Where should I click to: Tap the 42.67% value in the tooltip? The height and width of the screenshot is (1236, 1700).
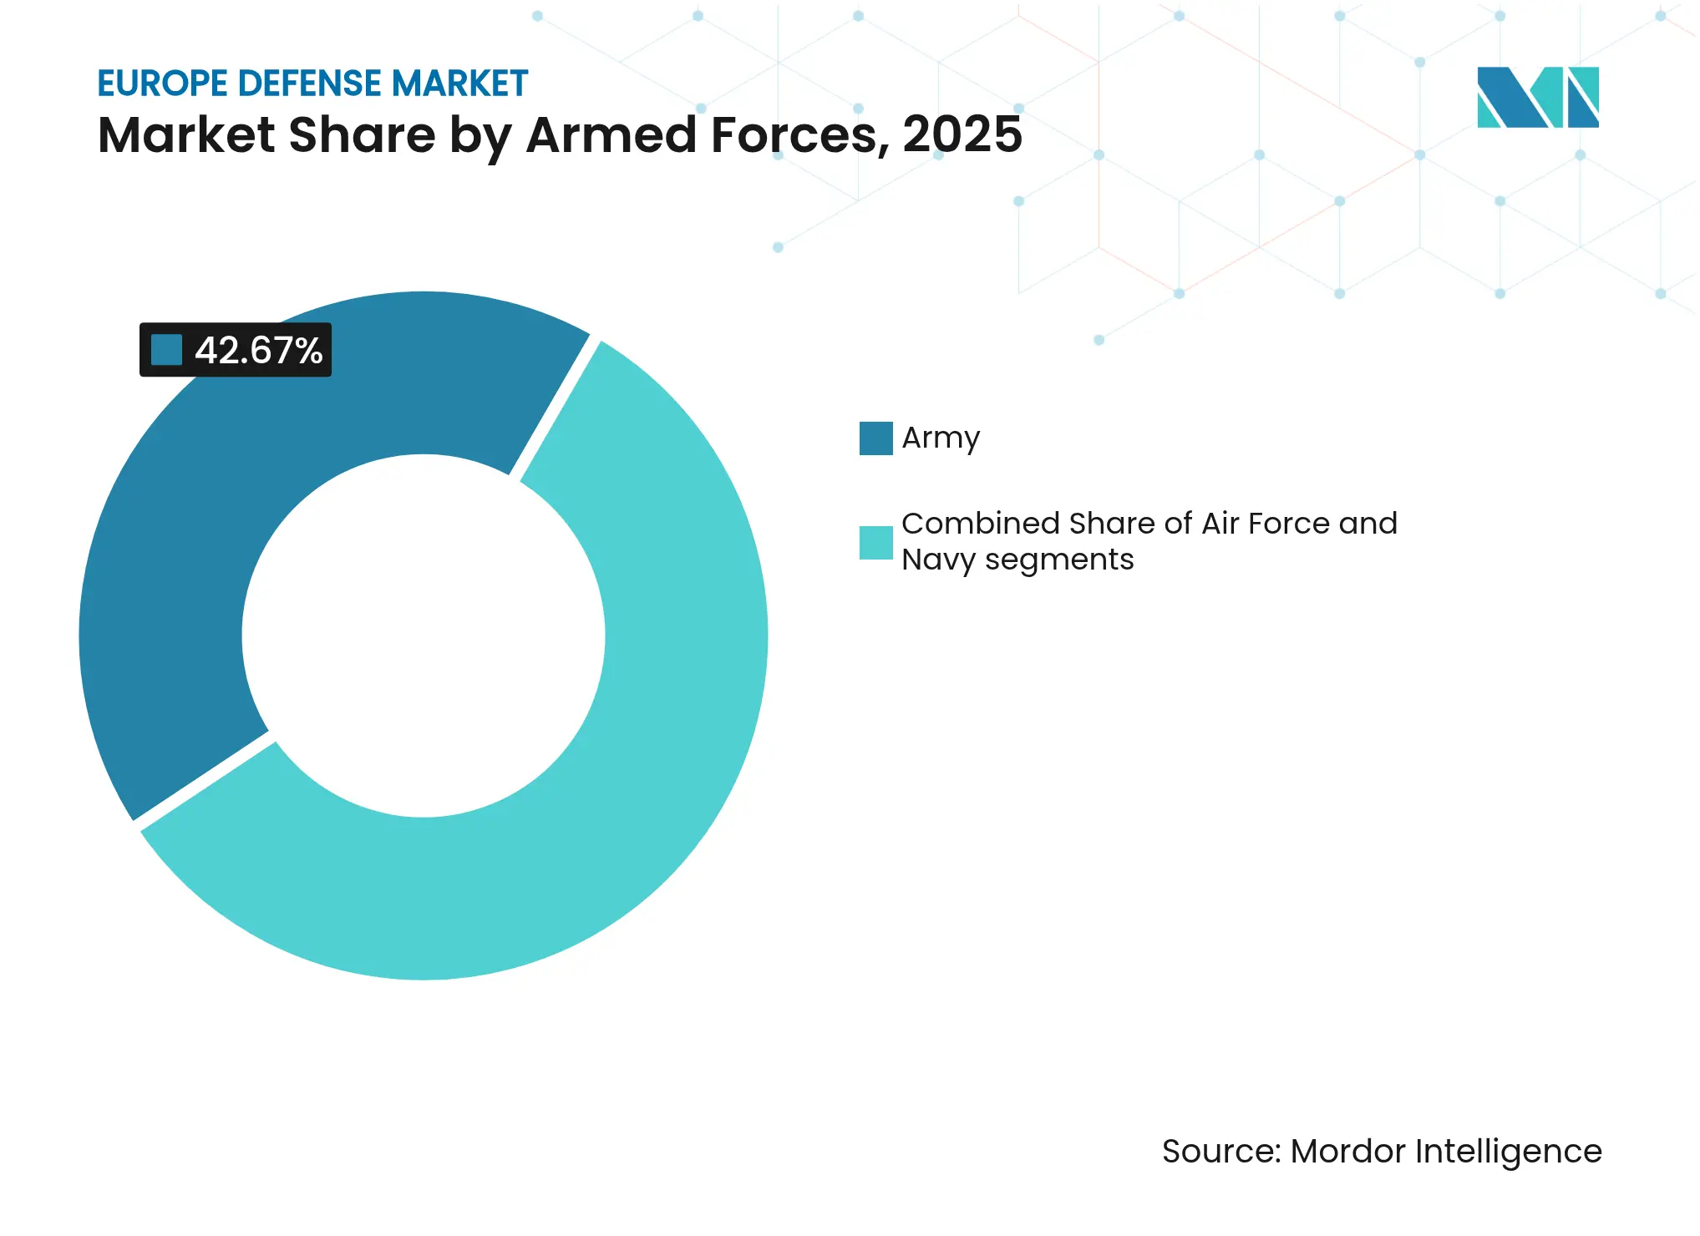click(258, 351)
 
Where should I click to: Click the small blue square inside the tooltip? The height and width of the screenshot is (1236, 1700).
click(166, 350)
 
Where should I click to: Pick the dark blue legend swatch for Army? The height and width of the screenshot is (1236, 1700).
click(875, 438)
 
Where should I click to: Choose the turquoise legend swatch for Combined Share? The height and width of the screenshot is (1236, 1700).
click(875, 543)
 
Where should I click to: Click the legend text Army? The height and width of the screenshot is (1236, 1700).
click(941, 438)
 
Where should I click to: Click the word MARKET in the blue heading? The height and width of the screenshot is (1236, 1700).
click(459, 84)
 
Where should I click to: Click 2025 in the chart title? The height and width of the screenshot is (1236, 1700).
click(962, 134)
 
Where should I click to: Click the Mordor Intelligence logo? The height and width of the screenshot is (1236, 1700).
click(1537, 98)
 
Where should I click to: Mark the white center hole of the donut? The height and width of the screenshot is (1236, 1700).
click(424, 636)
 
